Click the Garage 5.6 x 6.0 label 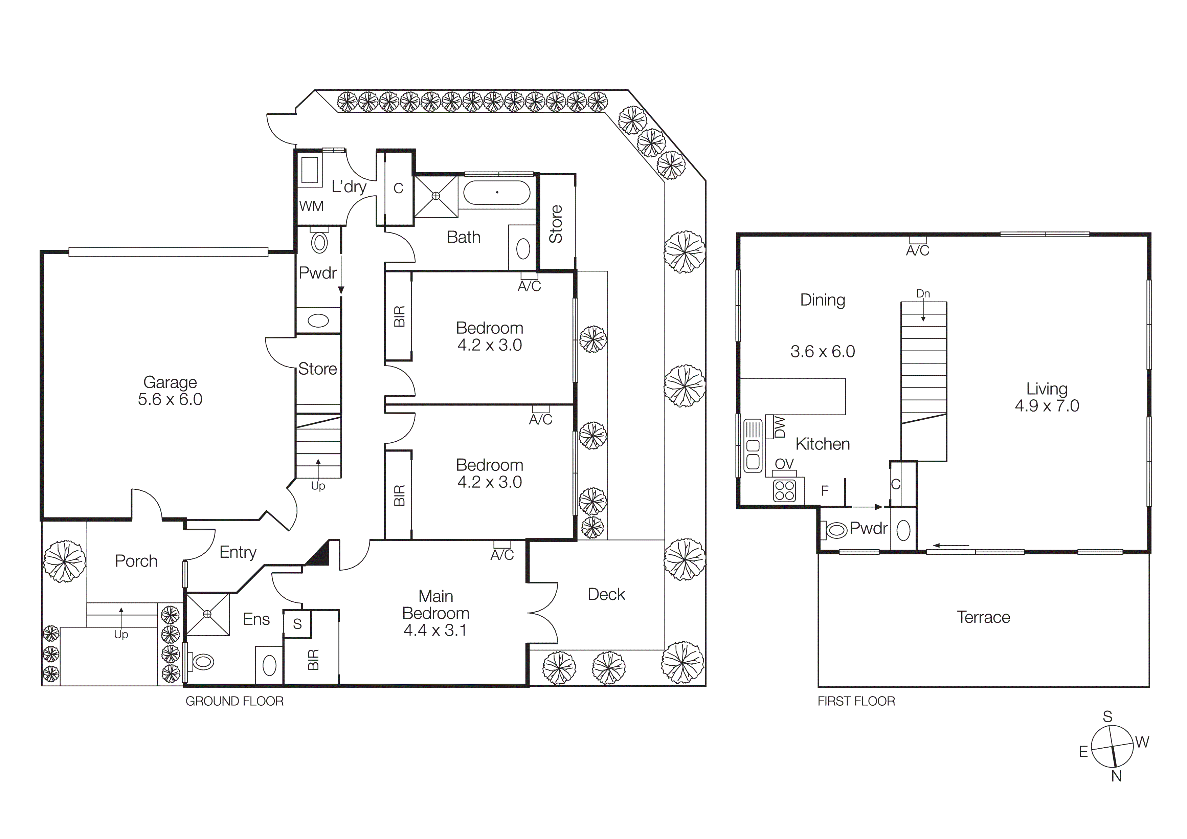pos(170,391)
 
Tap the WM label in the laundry pos(311,206)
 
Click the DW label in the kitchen pos(781,427)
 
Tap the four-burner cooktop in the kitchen pos(784,491)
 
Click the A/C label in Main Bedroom pos(502,555)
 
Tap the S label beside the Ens pos(297,624)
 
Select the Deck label pos(606,595)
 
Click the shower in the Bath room pos(436,196)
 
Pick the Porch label pos(136,561)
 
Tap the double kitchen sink pos(753,454)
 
